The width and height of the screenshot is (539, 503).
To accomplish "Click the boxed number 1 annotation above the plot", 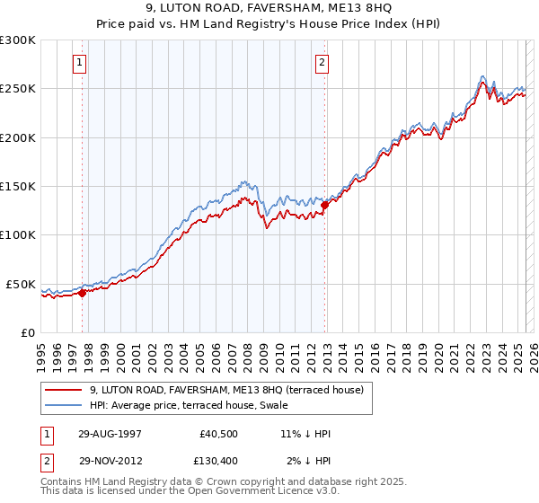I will tap(81, 63).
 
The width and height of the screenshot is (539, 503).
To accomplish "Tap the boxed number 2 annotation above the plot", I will tap(322, 63).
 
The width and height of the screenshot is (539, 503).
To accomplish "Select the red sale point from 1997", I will tap(82, 292).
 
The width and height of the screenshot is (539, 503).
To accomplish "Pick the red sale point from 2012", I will tap(324, 205).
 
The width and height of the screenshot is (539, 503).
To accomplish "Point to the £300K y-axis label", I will tap(18, 40).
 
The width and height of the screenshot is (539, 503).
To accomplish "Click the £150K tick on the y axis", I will tap(18, 186).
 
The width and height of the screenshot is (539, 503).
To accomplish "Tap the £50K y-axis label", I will tap(21, 284).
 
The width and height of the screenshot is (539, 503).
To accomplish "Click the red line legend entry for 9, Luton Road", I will tap(226, 390).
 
